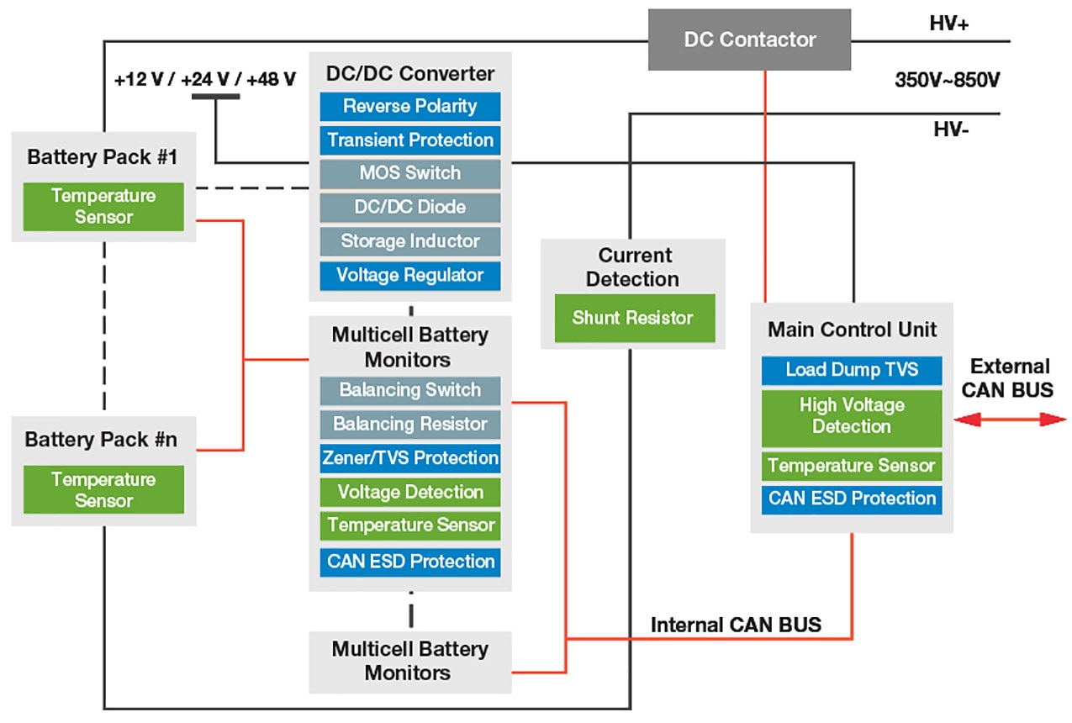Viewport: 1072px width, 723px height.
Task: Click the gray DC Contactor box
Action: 749,40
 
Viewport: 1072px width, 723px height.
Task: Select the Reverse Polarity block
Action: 410,107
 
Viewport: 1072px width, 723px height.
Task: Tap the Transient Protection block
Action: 410,140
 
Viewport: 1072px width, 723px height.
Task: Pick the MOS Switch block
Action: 410,173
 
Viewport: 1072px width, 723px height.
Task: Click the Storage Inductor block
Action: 410,241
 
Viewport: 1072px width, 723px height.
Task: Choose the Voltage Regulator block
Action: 410,275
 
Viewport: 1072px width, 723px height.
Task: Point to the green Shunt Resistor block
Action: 633,318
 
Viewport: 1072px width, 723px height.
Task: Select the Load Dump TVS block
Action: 852,370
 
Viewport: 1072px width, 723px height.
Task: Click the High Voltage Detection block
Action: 852,416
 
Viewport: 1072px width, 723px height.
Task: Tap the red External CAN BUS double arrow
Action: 1010,420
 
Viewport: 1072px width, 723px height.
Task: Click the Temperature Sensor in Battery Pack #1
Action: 103,207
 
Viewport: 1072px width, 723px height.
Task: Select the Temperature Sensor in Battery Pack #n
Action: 103,490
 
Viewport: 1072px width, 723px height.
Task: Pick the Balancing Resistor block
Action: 410,424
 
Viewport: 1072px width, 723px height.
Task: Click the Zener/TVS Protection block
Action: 410,458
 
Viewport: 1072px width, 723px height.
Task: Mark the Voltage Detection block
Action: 410,492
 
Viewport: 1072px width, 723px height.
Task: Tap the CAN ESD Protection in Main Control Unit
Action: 852,499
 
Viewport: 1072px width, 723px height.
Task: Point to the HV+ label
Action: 949,24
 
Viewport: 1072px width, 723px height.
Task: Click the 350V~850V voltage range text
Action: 947,82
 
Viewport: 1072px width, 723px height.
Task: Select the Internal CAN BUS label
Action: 736,625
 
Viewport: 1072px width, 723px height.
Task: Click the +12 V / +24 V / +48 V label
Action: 205,79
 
